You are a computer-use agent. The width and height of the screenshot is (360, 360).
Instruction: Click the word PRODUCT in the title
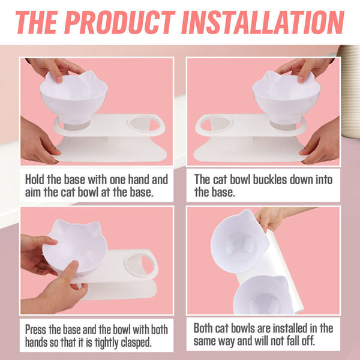point(119,23)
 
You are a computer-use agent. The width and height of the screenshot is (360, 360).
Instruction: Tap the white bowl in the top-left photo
point(73,97)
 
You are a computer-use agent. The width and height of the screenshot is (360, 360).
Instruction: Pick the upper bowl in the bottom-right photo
point(239,241)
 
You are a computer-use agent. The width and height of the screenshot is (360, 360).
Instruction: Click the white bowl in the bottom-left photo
point(75,247)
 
